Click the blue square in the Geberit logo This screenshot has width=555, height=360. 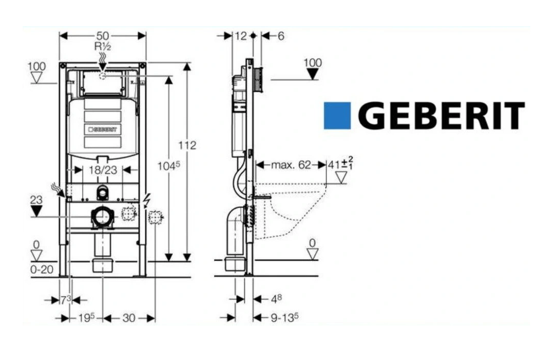[x=337, y=116]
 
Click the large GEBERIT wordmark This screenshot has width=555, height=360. [x=441, y=116]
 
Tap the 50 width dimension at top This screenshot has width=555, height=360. [x=103, y=36]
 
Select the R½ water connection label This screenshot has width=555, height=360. [x=102, y=46]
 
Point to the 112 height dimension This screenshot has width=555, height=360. [x=187, y=145]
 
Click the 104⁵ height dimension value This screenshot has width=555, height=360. [x=169, y=166]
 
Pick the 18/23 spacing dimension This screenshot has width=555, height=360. [x=103, y=170]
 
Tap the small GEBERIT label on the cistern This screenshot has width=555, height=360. [x=103, y=129]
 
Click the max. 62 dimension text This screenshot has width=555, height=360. [x=291, y=165]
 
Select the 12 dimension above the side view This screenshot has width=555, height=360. [x=241, y=36]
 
